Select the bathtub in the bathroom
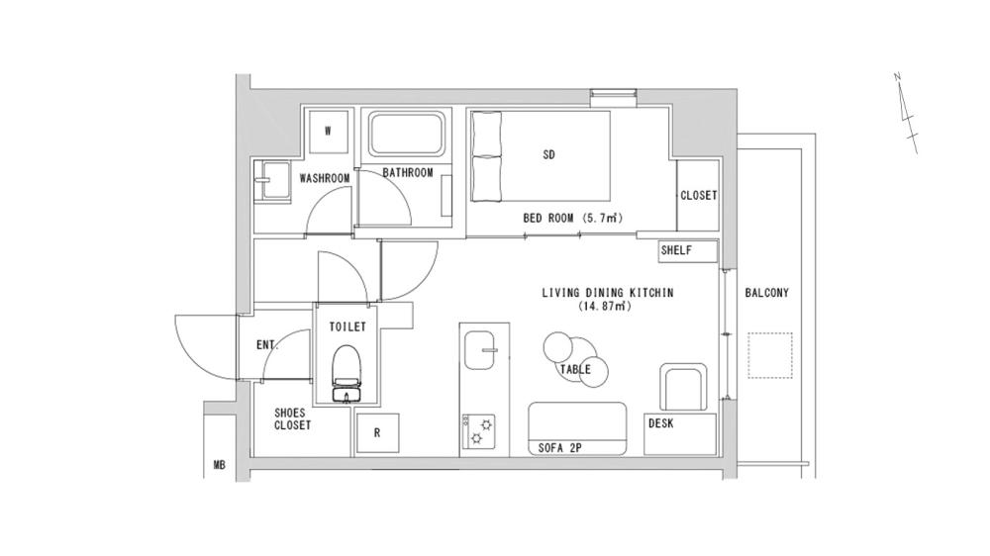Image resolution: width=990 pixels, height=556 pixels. pyautogui.click(x=408, y=134)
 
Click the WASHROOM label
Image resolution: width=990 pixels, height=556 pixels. pyautogui.click(x=325, y=178)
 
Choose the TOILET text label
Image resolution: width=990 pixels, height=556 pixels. pyautogui.click(x=346, y=326)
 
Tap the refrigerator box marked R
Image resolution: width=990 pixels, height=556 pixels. pyautogui.click(x=378, y=433)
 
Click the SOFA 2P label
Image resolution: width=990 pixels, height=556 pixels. pyautogui.click(x=559, y=447)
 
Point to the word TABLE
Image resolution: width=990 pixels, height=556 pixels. pyautogui.click(x=575, y=369)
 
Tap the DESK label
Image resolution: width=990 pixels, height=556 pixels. pyautogui.click(x=661, y=422)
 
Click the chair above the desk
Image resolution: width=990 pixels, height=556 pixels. pyautogui.click(x=683, y=387)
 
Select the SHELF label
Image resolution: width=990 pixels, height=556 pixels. pyautogui.click(x=676, y=251)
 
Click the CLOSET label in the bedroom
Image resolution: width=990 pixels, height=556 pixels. pyautogui.click(x=698, y=196)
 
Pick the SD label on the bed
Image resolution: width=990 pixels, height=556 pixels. pyautogui.click(x=549, y=154)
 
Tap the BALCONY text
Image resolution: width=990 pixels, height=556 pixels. pyautogui.click(x=766, y=293)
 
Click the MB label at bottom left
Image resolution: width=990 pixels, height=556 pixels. pyautogui.click(x=219, y=463)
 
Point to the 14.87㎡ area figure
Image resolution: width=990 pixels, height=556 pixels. pyautogui.click(x=605, y=307)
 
